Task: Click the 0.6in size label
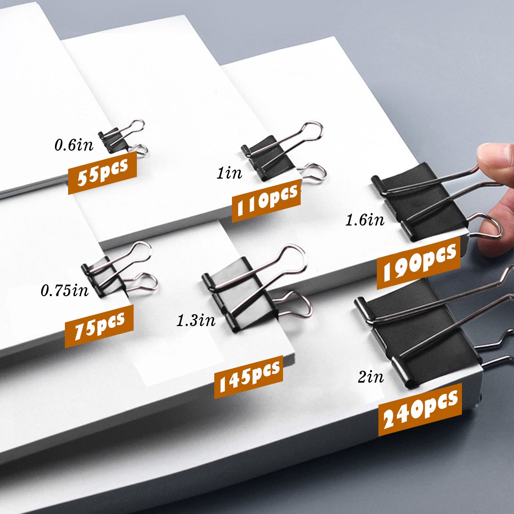[x=74, y=145]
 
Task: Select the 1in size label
[x=229, y=173]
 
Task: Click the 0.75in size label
[x=64, y=291]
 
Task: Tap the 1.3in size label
[x=196, y=321]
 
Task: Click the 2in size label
[x=371, y=377]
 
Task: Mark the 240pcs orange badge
[x=420, y=409]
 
